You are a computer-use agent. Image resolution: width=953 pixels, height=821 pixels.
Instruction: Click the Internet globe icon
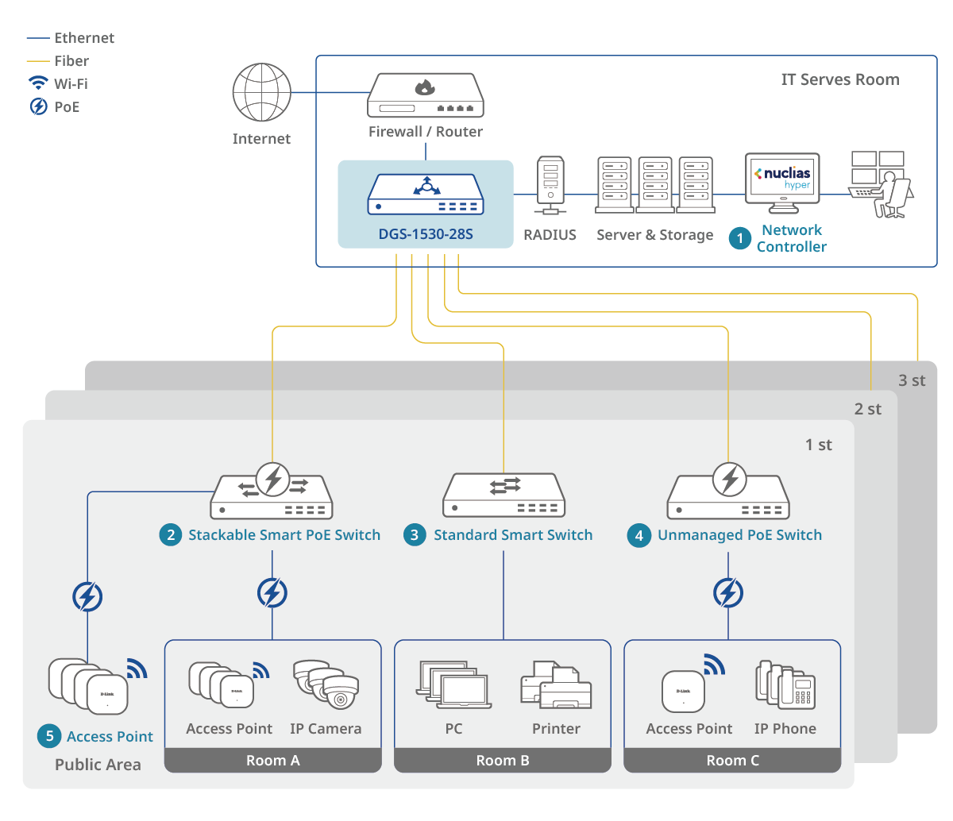pyautogui.click(x=261, y=92)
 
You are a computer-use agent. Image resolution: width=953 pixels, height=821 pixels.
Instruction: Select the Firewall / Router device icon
pyautogui.click(x=426, y=95)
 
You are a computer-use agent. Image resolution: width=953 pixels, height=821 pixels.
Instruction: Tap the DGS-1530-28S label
pyautogui.click(x=426, y=234)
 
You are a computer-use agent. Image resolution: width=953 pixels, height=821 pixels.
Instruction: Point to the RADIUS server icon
pyautogui.click(x=550, y=185)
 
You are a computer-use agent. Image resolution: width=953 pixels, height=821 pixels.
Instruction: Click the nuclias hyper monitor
pyautogui.click(x=782, y=182)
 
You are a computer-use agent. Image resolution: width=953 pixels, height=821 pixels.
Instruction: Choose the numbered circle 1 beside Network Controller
pyautogui.click(x=740, y=238)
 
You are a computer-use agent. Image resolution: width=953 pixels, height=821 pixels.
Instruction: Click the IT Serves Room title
pyautogui.click(x=840, y=79)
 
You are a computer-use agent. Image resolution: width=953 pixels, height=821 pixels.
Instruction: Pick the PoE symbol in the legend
pyautogui.click(x=38, y=106)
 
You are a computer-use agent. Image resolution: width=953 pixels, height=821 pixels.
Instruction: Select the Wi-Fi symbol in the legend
pyautogui.click(x=38, y=83)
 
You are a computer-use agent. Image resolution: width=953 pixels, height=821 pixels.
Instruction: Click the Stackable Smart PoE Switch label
pyautogui.click(x=284, y=535)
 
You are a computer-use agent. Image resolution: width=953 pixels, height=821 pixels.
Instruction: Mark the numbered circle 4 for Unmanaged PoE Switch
pyautogui.click(x=639, y=535)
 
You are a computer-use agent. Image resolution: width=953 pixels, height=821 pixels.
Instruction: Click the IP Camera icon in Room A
pyautogui.click(x=326, y=684)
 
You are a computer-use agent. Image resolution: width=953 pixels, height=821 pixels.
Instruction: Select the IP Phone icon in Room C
pyautogui.click(x=785, y=684)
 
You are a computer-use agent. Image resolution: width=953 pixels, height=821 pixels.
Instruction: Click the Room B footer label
pyautogui.click(x=503, y=761)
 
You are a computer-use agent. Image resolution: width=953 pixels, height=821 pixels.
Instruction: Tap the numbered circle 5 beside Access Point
pyautogui.click(x=49, y=736)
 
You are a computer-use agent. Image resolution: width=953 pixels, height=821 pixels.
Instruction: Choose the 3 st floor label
pyautogui.click(x=912, y=380)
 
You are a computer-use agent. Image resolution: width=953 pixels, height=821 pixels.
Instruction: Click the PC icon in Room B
pyautogui.click(x=453, y=685)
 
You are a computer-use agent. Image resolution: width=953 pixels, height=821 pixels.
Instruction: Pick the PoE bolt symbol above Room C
pyautogui.click(x=728, y=592)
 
